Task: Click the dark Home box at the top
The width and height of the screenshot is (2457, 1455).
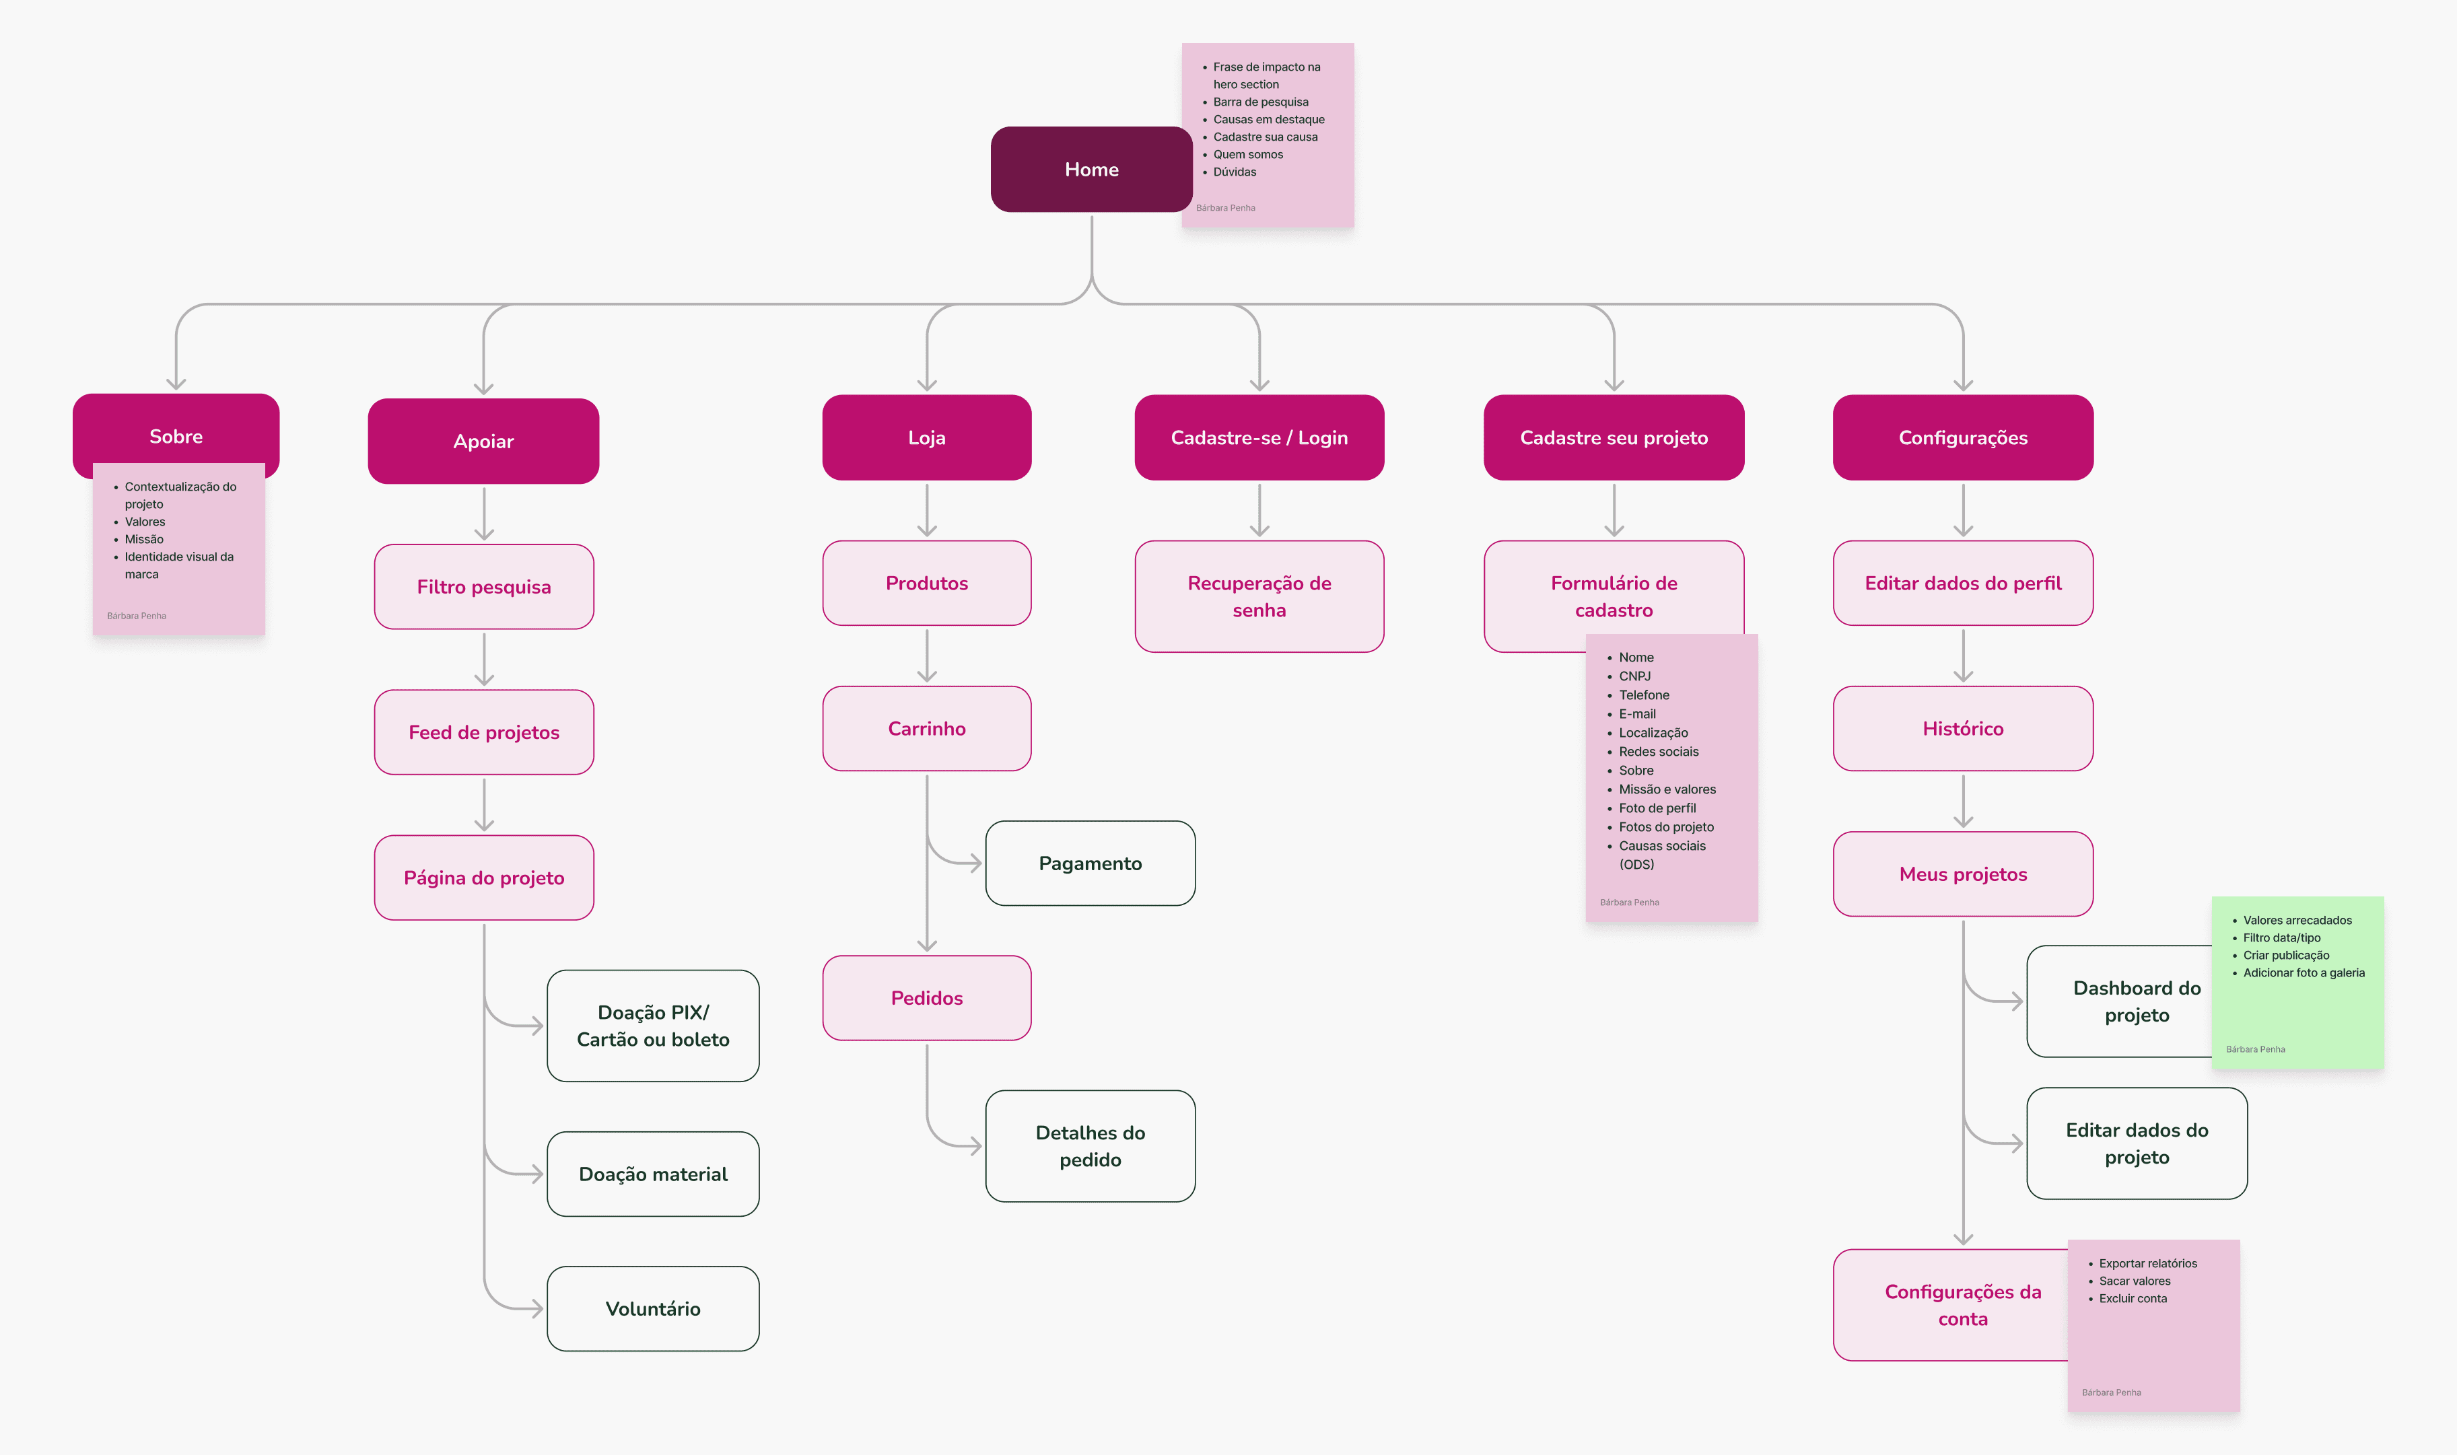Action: [1091, 169]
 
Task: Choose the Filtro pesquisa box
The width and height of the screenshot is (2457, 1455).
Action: [483, 586]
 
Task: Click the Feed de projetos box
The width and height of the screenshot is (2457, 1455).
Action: [483, 732]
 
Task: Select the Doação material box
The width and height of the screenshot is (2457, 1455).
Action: [653, 1174]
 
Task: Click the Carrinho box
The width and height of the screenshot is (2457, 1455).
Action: [926, 727]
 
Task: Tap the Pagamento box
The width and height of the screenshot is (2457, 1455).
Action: [1091, 863]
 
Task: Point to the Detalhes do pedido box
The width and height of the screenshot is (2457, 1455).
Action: [1091, 1145]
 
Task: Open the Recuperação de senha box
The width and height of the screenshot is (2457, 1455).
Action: [1259, 596]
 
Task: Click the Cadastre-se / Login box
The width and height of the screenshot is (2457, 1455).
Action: [1259, 437]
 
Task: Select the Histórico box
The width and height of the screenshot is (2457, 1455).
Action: [1963, 727]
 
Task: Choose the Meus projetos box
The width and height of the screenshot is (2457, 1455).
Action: [1963, 874]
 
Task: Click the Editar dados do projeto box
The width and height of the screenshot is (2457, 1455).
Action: [2137, 1143]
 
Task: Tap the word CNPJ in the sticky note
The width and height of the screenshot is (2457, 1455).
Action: [1634, 676]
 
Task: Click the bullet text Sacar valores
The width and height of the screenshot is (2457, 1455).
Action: [2135, 1281]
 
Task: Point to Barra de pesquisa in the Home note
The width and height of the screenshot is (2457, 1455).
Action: [1261, 102]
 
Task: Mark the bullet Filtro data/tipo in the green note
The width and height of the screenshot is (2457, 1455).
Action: [2281, 937]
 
